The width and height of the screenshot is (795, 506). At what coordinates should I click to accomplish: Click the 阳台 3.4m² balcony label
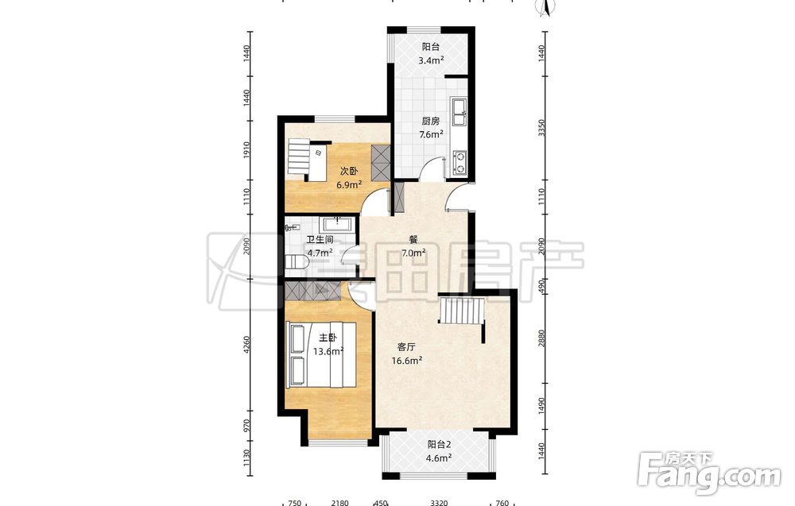(430, 54)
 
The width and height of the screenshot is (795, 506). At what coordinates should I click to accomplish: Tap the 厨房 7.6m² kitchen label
(430, 128)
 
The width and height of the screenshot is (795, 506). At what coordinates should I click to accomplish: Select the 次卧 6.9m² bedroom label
(349, 178)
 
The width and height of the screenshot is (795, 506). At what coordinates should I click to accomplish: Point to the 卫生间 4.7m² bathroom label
(320, 245)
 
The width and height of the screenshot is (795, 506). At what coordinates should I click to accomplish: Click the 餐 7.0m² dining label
(413, 247)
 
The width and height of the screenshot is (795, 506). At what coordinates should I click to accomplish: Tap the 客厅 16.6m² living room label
(406, 353)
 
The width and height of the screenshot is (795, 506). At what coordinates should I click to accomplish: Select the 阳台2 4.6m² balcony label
(439, 451)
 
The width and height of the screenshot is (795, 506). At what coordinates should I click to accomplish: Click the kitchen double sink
(460, 113)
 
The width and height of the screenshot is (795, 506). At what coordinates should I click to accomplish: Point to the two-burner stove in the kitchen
(460, 163)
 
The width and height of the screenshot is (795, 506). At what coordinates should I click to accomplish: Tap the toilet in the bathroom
(296, 262)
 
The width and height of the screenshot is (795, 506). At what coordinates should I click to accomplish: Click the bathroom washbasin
(337, 223)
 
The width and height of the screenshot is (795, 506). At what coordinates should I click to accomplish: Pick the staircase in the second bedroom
(298, 158)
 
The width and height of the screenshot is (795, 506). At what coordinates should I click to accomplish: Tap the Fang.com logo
(710, 473)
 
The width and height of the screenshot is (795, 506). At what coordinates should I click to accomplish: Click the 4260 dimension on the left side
(247, 345)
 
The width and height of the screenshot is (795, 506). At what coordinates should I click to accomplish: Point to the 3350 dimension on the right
(541, 128)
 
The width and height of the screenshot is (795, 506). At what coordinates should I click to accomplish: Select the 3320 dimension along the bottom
(439, 503)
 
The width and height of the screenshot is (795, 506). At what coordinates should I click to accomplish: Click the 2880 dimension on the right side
(541, 338)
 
